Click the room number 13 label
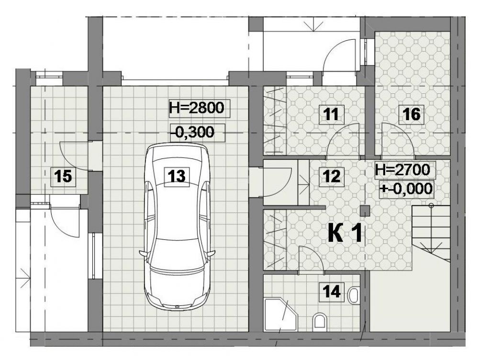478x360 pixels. click(x=177, y=176)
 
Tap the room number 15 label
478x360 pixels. click(x=63, y=176)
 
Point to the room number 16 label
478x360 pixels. click(x=411, y=114)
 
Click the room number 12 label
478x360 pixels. click(x=332, y=177)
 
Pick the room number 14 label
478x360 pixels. click(x=332, y=292)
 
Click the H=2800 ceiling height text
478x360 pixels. click(x=197, y=108)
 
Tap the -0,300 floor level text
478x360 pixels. click(x=193, y=133)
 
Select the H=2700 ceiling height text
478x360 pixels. click(x=402, y=169)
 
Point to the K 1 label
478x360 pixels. click(x=345, y=233)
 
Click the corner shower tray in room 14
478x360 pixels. click(x=280, y=314)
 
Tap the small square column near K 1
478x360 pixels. click(x=365, y=211)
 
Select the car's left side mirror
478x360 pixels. click(x=143, y=253)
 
